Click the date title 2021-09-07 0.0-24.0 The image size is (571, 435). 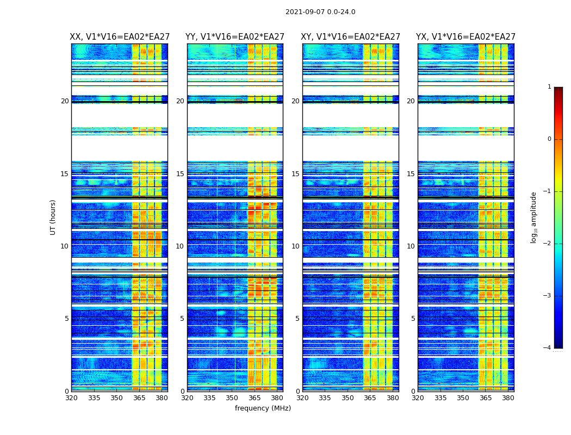[x=320, y=12]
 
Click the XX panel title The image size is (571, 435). [x=120, y=37]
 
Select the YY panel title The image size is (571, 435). [x=235, y=37]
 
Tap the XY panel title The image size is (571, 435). [x=351, y=37]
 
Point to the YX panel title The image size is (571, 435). [x=466, y=37]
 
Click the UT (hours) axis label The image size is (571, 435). [x=53, y=217]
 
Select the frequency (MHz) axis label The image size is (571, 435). [x=263, y=408]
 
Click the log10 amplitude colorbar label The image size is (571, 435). [x=534, y=217]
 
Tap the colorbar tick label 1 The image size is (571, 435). [x=549, y=87]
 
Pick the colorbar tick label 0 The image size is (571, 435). [x=549, y=139]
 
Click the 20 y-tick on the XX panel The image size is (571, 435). [x=65, y=101]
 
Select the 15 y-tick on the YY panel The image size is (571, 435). [x=180, y=174]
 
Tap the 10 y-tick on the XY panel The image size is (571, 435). [x=295, y=246]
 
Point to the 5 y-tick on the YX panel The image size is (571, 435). [x=413, y=319]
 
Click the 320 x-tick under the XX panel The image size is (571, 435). [x=72, y=398]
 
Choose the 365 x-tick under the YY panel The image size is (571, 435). [x=255, y=398]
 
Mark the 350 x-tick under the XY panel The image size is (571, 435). [x=347, y=398]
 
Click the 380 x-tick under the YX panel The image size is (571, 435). [x=508, y=398]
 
